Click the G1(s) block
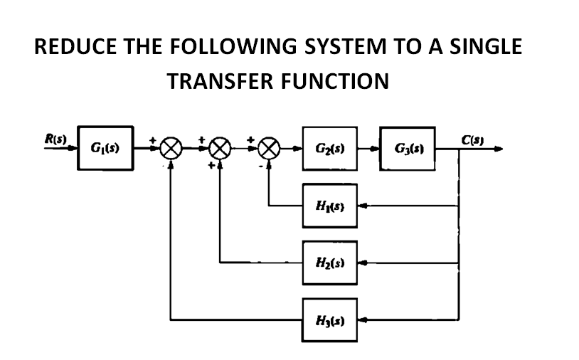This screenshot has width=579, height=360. click(105, 149)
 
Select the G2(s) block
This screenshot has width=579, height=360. click(329, 149)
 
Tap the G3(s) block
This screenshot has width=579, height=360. click(407, 149)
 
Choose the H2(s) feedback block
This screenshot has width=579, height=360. click(329, 262)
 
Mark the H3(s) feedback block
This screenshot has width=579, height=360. click(329, 317)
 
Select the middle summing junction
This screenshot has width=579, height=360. click(221, 149)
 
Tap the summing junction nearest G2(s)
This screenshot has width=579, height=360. click(268, 149)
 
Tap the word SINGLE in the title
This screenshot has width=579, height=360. click(484, 47)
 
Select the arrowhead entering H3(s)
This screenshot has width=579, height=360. click(361, 317)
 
